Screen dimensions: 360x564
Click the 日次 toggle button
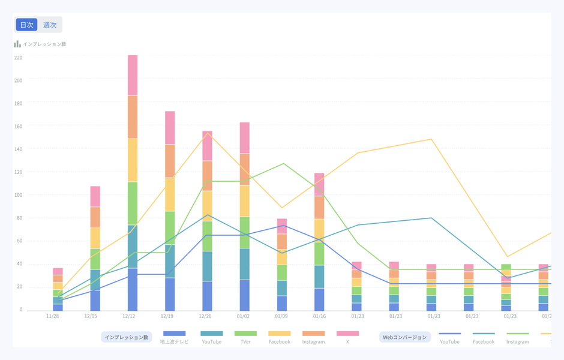pyautogui.click(x=26, y=25)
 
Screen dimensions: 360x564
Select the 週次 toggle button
pyautogui.click(x=50, y=25)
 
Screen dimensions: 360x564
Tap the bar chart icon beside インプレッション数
pyautogui.click(x=17, y=44)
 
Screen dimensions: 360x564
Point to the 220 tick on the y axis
pyautogui.click(x=18, y=58)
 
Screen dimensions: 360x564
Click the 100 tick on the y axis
pyautogui.click(x=18, y=195)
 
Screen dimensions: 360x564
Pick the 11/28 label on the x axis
pyautogui.click(x=53, y=315)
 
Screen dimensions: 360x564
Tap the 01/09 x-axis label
pyautogui.click(x=281, y=315)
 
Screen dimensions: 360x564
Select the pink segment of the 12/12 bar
pyautogui.click(x=133, y=75)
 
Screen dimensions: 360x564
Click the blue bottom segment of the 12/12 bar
pyautogui.click(x=133, y=289)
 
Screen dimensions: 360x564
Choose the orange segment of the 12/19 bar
pyautogui.click(x=170, y=161)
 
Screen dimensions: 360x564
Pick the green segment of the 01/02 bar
pyautogui.click(x=245, y=232)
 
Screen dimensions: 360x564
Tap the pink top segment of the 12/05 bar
pyautogui.click(x=95, y=196)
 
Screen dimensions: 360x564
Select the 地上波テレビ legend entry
pyautogui.click(x=174, y=337)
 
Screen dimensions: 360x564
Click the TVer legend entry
pyautogui.click(x=245, y=337)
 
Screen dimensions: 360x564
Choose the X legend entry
pyautogui.click(x=347, y=337)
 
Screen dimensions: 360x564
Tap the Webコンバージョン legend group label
pyautogui.click(x=405, y=337)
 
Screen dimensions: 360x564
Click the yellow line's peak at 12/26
pyautogui.click(x=208, y=133)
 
